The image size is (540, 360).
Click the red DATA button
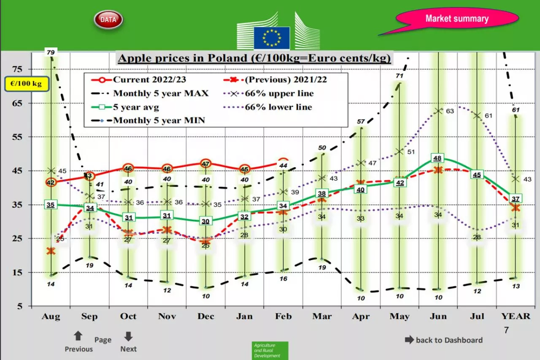click(x=108, y=19)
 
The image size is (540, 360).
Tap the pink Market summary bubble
click(x=457, y=19)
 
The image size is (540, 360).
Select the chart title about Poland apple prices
click(x=254, y=58)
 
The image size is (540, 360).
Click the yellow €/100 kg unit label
click(x=26, y=84)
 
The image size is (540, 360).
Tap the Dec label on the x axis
click(x=206, y=317)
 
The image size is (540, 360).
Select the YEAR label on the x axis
click(x=516, y=317)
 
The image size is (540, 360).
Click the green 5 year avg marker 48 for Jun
click(x=438, y=158)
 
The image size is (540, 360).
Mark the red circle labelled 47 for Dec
click(x=206, y=164)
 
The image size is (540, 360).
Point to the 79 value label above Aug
click(x=51, y=52)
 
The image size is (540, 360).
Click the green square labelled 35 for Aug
click(x=51, y=205)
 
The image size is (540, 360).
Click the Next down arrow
click(x=128, y=336)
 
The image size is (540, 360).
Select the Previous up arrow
click(x=78, y=336)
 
